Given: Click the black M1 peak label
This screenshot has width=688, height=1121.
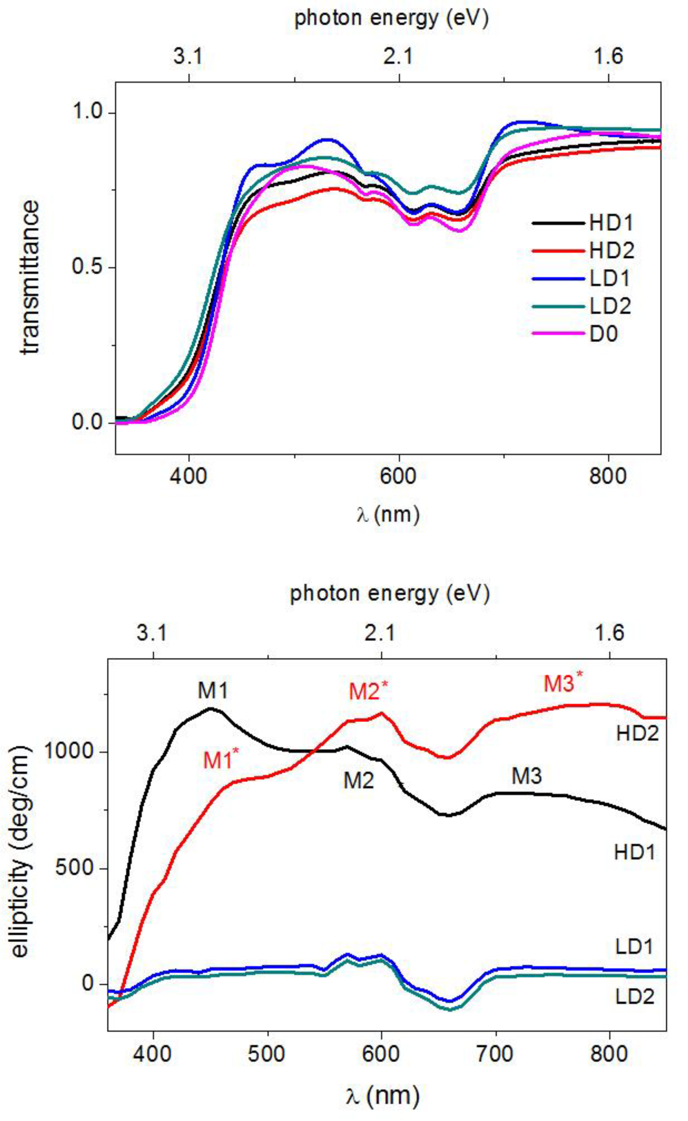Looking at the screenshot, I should point(212,691).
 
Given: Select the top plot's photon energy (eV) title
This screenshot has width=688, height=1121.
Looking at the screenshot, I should point(391,19).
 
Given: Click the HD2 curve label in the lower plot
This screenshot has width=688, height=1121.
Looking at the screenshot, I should point(637,734).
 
